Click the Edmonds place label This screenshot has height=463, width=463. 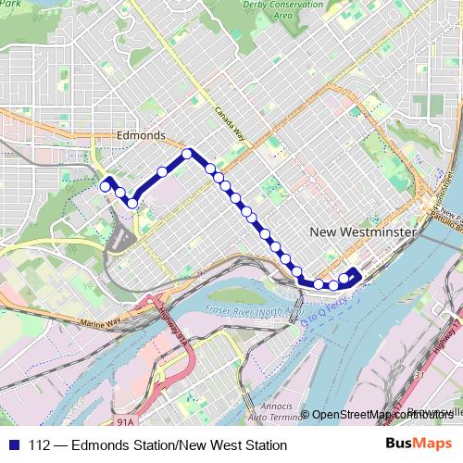click(141, 136)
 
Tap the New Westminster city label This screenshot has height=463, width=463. click(362, 232)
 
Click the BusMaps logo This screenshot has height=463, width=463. click(419, 444)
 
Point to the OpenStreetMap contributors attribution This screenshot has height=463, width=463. click(382, 414)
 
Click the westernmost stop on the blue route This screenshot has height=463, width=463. click(105, 185)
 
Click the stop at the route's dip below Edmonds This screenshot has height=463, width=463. click(132, 203)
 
